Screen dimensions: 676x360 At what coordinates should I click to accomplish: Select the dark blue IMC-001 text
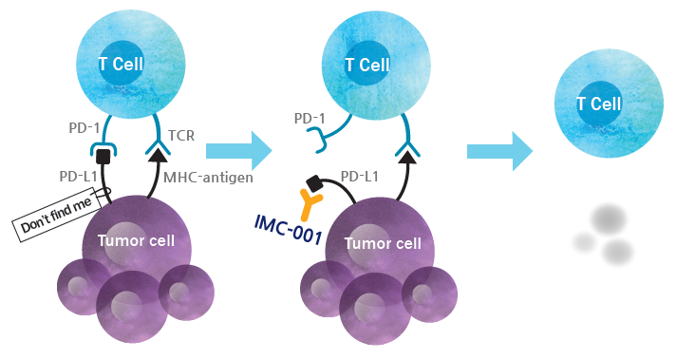click(x=288, y=230)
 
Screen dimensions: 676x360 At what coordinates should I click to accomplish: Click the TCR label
click(x=181, y=136)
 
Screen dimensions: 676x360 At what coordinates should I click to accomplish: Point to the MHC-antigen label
click(x=208, y=177)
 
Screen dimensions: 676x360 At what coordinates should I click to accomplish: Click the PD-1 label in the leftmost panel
click(x=84, y=127)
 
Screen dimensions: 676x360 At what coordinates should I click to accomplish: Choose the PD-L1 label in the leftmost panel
click(x=78, y=177)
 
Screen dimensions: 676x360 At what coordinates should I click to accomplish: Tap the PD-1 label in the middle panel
click(x=310, y=118)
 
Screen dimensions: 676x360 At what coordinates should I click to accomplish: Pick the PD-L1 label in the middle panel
click(x=360, y=176)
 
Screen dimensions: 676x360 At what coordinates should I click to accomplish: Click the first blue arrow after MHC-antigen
click(x=239, y=151)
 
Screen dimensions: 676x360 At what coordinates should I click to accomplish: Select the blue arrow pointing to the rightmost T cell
click(x=500, y=151)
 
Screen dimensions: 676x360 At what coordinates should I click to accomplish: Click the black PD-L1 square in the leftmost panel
click(x=103, y=156)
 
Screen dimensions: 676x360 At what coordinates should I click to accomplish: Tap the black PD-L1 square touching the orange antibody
click(x=313, y=183)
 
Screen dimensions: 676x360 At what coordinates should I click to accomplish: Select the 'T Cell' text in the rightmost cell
click(x=599, y=104)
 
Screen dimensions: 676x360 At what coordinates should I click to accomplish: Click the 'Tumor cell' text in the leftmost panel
click(x=136, y=240)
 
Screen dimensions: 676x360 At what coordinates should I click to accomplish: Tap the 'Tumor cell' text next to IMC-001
click(x=383, y=243)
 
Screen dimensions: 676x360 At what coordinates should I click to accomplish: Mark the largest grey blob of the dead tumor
click(x=609, y=219)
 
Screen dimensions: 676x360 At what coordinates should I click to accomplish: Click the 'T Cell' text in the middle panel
click(x=367, y=66)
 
